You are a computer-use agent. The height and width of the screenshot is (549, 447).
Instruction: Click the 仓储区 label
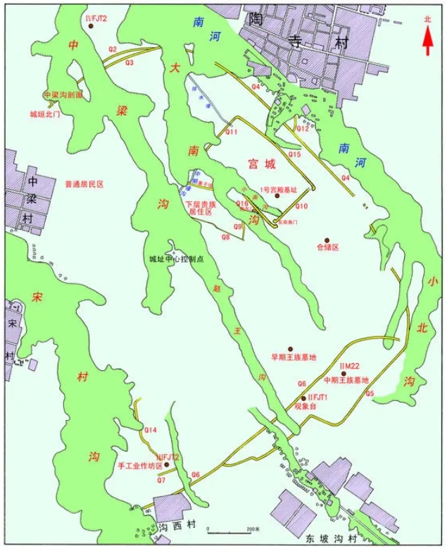click(x=328, y=248)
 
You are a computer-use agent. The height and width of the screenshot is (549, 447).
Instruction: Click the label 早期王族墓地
click(x=294, y=357)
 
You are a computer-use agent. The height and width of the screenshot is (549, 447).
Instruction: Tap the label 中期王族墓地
click(x=344, y=380)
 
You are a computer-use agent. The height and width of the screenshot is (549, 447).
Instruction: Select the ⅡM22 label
click(x=349, y=366)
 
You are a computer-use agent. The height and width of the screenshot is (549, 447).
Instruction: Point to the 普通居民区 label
click(x=84, y=184)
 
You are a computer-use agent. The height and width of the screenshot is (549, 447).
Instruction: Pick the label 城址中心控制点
click(x=176, y=259)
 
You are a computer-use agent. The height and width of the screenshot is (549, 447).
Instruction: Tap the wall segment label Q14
click(x=150, y=430)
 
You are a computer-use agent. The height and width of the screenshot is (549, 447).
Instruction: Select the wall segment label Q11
click(x=232, y=132)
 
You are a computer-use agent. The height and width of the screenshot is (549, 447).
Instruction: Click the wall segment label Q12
click(x=302, y=129)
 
